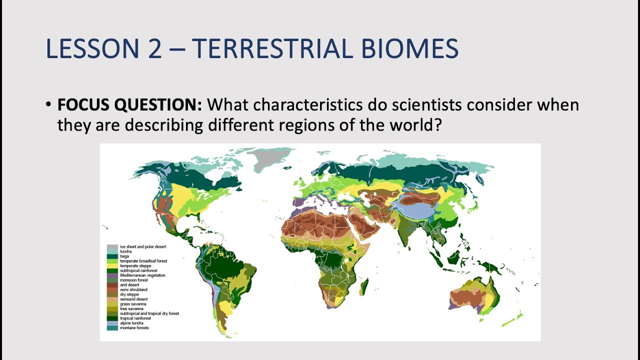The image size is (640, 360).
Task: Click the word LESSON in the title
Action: tap(92, 48)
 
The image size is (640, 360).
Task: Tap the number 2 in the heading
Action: tap(155, 48)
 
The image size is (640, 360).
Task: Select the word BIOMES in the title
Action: tap(409, 48)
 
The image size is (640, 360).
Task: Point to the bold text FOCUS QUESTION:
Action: tap(129, 105)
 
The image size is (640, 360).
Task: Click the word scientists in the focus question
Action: tap(427, 105)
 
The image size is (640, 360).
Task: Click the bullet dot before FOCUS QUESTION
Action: tap(48, 104)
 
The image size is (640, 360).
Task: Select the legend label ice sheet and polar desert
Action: tap(143, 246)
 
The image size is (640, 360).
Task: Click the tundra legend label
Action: tap(125, 251)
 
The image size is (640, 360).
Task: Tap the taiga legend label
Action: tap(124, 256)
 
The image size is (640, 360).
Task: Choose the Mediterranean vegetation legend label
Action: tap(142, 275)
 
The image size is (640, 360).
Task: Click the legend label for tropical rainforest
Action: tap(135, 318)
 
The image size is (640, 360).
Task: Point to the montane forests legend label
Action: tap(134, 327)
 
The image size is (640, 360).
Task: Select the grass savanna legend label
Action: tap(133, 303)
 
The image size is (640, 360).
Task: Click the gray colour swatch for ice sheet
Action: tap(112, 246)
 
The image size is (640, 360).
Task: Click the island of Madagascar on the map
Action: tap(364, 287)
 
